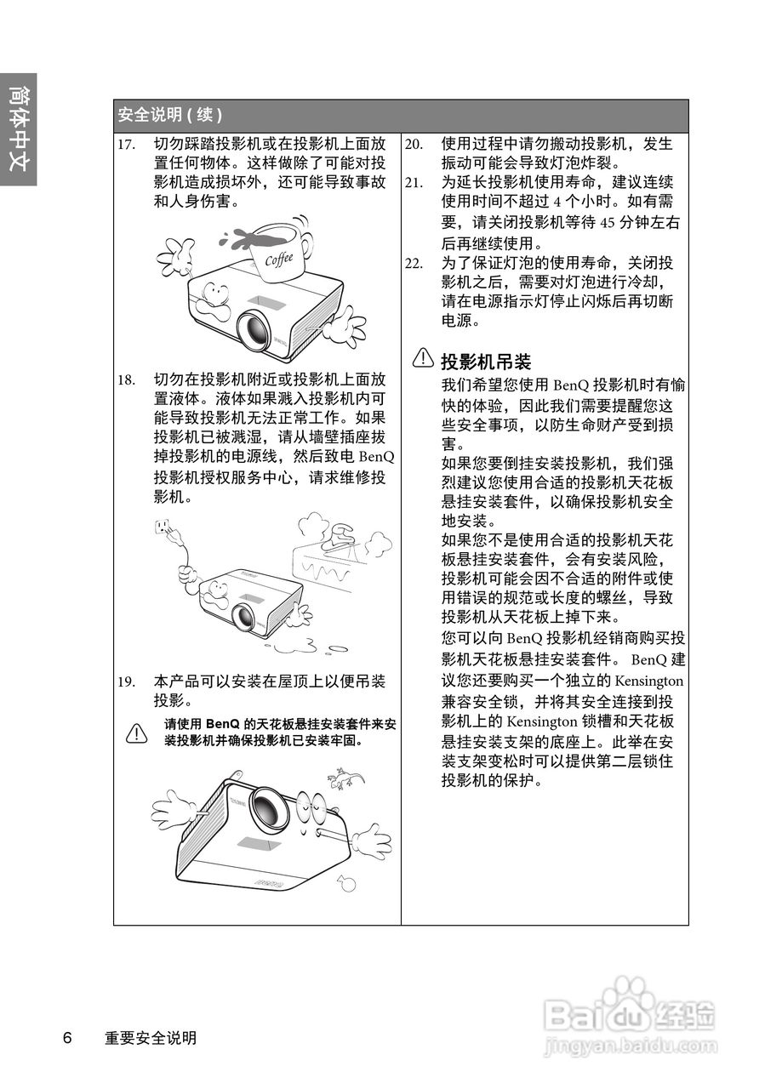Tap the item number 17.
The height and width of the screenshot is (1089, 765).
[127, 144]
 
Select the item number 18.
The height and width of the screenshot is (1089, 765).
[127, 379]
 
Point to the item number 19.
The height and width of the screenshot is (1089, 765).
[127, 681]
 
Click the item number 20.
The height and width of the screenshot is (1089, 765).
[414, 144]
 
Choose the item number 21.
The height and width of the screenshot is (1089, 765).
[414, 183]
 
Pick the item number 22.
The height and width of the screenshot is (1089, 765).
[414, 262]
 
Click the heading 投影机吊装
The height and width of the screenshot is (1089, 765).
[485, 361]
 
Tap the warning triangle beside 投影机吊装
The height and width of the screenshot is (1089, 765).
[423, 359]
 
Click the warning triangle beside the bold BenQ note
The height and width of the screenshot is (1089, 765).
[136, 733]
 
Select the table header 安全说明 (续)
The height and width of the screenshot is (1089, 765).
[170, 115]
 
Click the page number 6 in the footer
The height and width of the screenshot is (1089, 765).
[67, 1038]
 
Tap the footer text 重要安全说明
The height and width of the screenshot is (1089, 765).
[151, 1038]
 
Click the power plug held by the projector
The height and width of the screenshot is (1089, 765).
[165, 529]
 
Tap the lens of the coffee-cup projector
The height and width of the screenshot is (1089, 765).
[254, 328]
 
